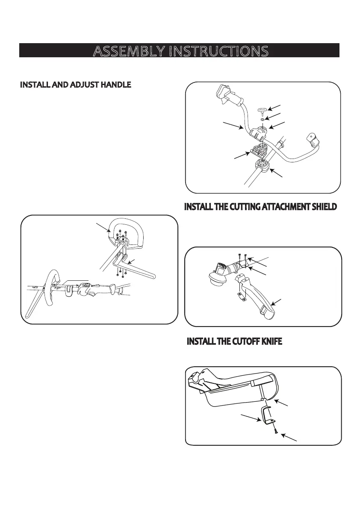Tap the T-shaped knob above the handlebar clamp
tap(262, 110)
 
